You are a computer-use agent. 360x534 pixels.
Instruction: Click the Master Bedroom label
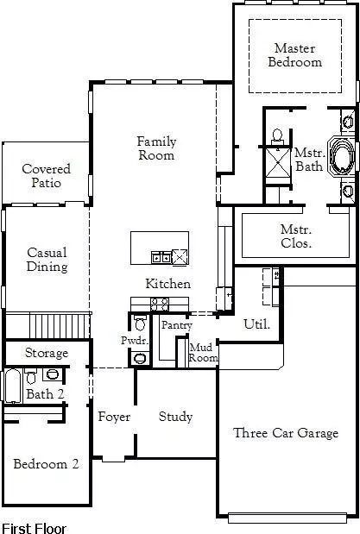click(294, 55)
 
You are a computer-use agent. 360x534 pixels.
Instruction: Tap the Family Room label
click(156, 148)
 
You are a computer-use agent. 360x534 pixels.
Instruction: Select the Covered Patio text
click(46, 176)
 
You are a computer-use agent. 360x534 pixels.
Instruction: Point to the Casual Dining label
click(47, 260)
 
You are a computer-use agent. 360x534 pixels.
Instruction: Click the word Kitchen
click(167, 284)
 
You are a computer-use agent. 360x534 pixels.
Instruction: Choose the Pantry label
click(176, 325)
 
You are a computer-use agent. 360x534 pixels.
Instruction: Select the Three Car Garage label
click(286, 433)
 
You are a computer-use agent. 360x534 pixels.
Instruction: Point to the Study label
click(175, 417)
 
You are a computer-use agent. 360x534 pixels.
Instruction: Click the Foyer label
click(113, 417)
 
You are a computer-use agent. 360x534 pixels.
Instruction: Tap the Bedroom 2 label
click(46, 464)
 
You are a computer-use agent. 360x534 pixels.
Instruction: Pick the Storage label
click(46, 353)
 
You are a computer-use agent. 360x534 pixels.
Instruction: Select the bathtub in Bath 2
click(12, 386)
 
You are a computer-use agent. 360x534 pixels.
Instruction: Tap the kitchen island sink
click(161, 256)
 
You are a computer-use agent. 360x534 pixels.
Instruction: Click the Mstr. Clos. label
click(296, 236)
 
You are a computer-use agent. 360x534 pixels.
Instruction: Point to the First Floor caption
click(34, 526)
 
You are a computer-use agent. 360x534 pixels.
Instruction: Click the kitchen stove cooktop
click(160, 304)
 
